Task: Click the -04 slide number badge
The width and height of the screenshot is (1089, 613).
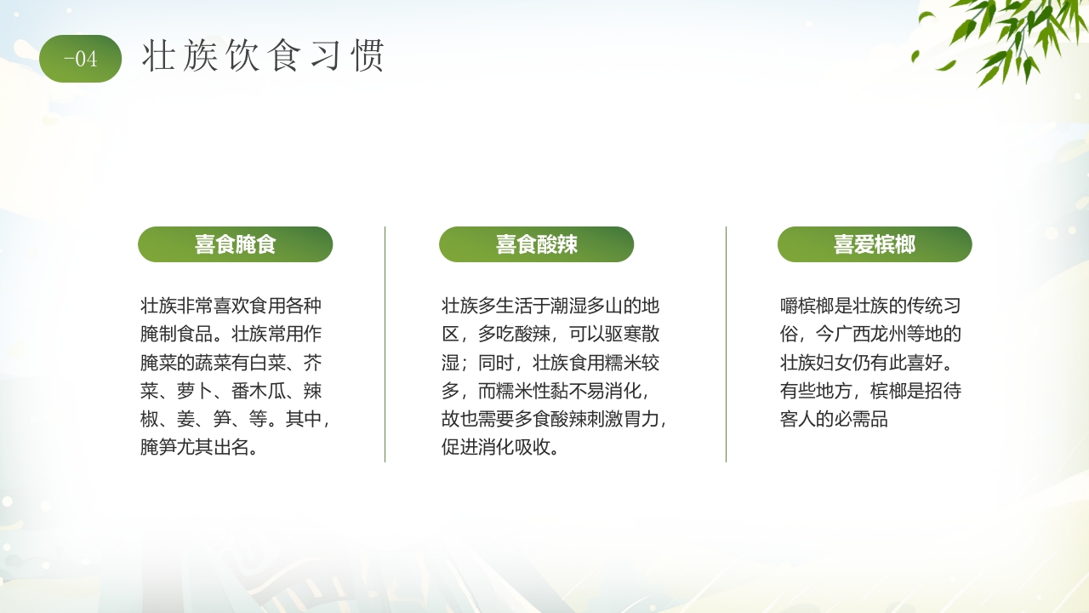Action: coord(81,59)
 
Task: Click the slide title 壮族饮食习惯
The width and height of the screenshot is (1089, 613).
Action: coord(264,56)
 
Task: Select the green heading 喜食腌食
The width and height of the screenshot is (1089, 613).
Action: coord(235,245)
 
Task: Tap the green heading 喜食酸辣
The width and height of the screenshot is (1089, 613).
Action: coord(536,245)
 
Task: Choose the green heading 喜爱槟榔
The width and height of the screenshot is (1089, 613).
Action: coord(874,245)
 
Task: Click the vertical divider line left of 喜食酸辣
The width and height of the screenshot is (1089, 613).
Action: coord(385,344)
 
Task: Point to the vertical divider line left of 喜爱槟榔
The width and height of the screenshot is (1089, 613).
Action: coord(727,344)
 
